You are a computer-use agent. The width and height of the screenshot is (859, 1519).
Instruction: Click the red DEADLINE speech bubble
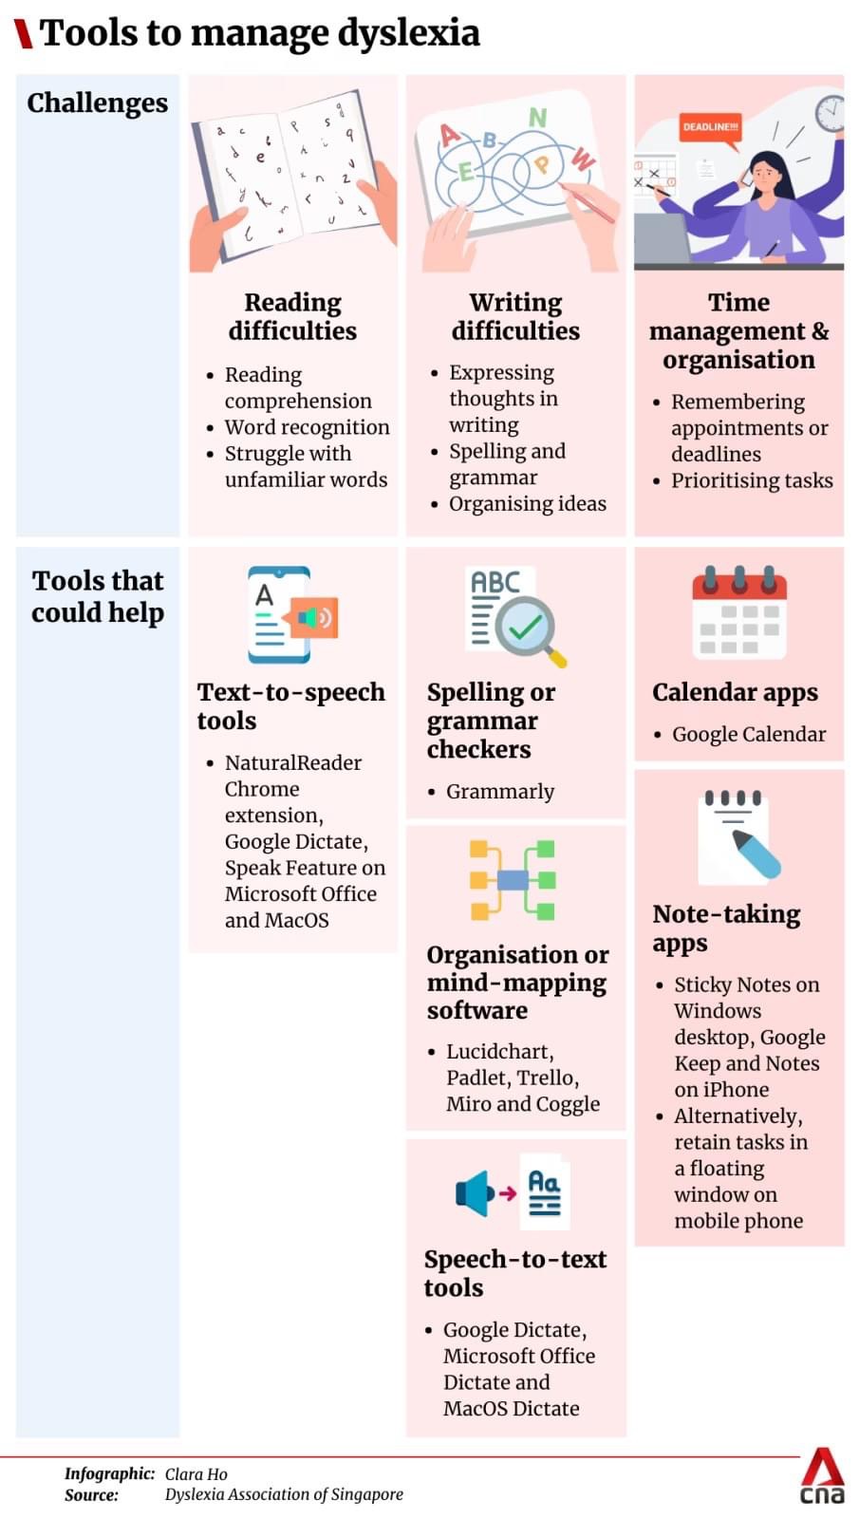[710, 128]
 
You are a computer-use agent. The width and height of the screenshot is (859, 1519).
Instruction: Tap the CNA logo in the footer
[822, 1477]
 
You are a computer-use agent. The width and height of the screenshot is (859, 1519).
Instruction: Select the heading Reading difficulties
[292, 316]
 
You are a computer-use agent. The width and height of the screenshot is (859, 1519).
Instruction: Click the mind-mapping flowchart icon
[513, 880]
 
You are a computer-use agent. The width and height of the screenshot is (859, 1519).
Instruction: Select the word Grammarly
[500, 791]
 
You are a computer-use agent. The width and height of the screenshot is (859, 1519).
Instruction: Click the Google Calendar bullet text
[749, 734]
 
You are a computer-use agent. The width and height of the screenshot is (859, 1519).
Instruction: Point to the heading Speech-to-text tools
[514, 1273]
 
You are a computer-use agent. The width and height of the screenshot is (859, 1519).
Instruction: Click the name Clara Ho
[196, 1473]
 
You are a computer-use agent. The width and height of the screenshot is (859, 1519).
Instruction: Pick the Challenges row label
[97, 103]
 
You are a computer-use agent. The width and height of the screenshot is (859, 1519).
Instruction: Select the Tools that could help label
[98, 596]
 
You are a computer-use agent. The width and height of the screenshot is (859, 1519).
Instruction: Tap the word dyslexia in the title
[409, 33]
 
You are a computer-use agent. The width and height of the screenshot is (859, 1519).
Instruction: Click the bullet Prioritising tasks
[752, 480]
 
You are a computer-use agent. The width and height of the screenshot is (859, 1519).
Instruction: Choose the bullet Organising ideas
[527, 503]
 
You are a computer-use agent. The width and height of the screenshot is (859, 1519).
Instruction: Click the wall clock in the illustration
[831, 112]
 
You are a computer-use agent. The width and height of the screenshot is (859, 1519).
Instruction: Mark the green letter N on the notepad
[537, 118]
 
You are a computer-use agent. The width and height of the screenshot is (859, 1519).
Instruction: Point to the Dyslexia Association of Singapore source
[284, 1494]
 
